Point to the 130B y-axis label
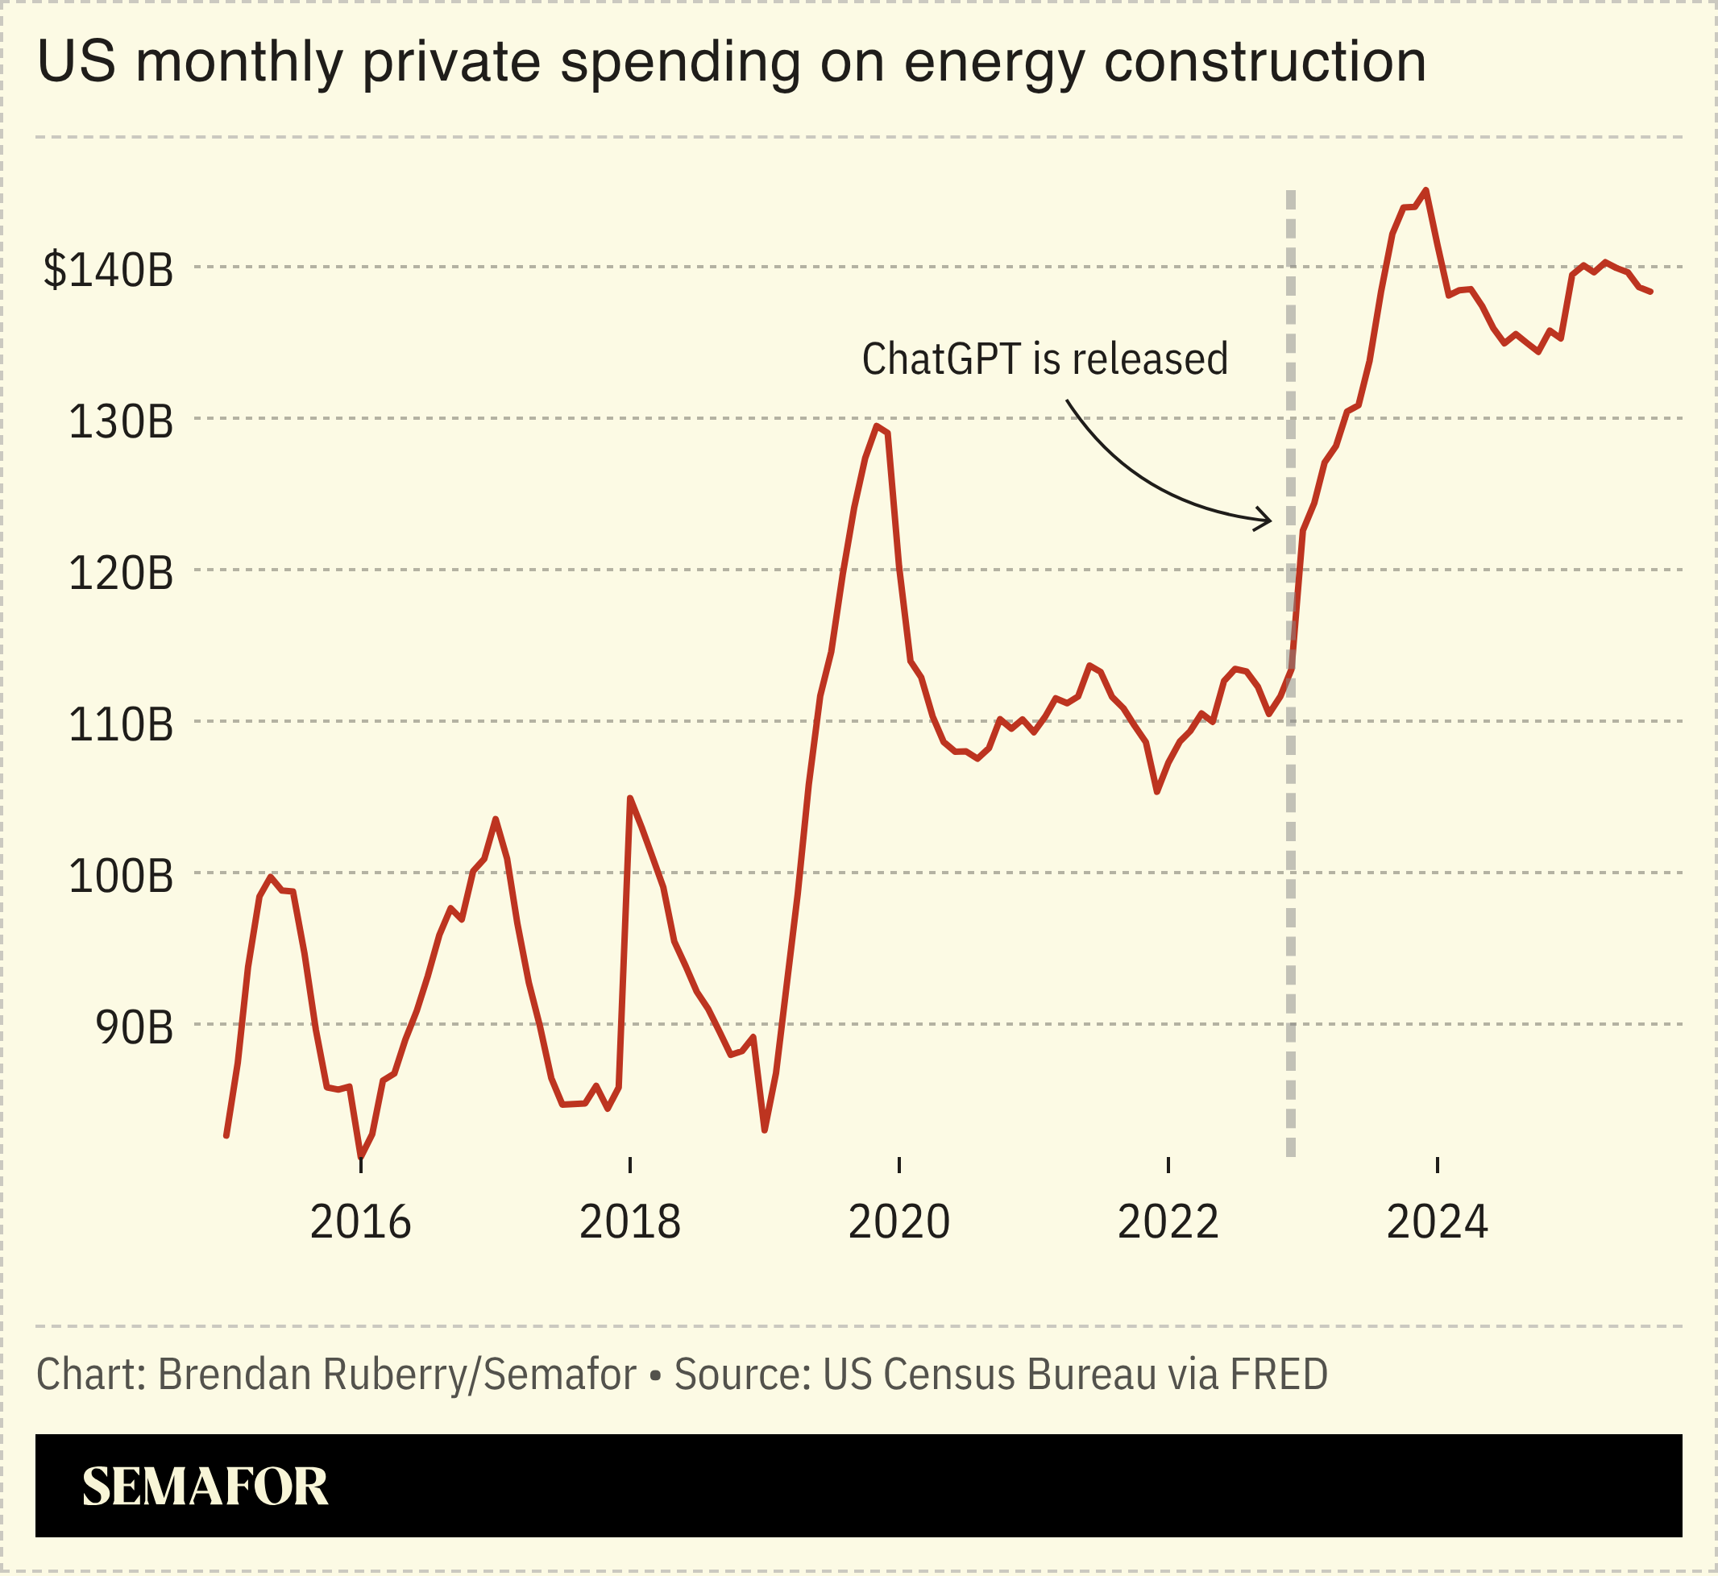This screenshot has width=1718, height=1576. (x=120, y=422)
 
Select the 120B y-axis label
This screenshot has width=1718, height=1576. (x=120, y=573)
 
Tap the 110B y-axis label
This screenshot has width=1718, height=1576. (x=120, y=725)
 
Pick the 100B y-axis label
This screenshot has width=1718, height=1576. (x=120, y=877)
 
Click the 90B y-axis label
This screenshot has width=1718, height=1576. (x=134, y=1027)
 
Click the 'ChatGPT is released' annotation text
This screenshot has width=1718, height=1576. (x=1045, y=359)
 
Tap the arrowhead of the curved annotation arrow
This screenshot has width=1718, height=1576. (x=1268, y=520)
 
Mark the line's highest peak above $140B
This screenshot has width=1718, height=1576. (x=1426, y=190)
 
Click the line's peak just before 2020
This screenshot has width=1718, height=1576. (x=877, y=425)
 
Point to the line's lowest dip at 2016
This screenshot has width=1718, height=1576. (x=361, y=1155)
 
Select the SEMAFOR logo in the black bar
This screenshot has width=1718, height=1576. (x=205, y=1487)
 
